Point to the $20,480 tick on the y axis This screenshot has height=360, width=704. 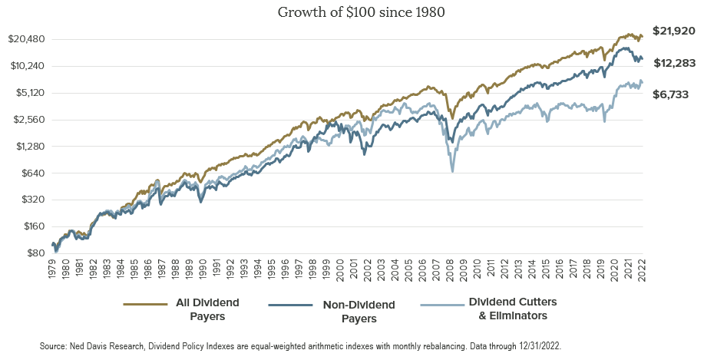(27, 39)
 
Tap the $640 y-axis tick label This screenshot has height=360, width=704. (34, 173)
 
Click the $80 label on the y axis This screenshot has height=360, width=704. (36, 253)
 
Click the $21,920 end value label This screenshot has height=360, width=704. (673, 31)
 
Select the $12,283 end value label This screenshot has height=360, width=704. (673, 63)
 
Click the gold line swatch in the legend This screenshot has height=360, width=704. (146, 305)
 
